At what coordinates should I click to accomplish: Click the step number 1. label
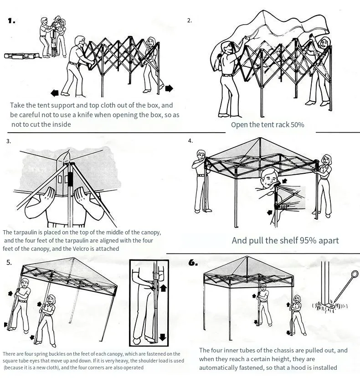(11, 21)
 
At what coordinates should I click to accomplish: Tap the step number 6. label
(193, 263)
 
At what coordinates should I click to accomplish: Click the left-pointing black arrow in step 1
(55, 93)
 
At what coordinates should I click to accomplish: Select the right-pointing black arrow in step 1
(169, 88)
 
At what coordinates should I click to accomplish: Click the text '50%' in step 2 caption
(295, 124)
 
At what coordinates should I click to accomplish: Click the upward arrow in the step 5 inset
(163, 288)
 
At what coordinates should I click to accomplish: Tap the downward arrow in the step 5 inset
(163, 337)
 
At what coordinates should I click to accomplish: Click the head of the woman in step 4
(326, 160)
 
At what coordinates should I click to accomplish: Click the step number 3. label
(9, 141)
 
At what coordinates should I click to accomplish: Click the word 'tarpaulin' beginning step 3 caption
(28, 233)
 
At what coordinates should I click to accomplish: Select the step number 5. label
(10, 262)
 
